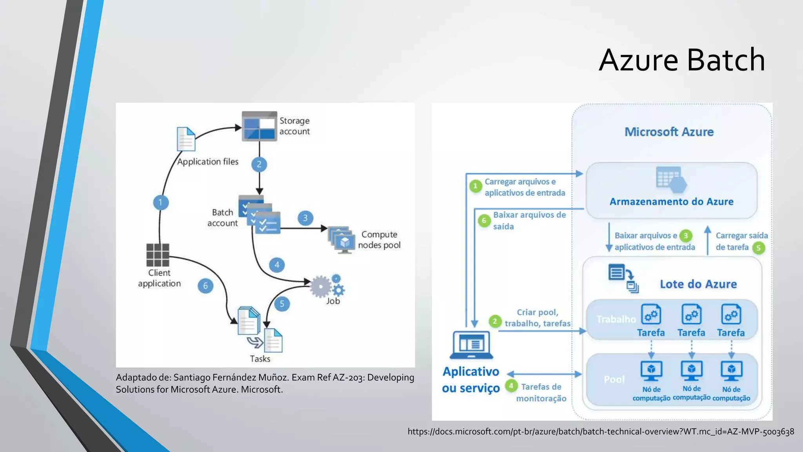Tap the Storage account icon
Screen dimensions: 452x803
(x=259, y=126)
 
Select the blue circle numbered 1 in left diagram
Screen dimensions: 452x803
(x=160, y=202)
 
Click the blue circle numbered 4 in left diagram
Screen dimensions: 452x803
(x=277, y=265)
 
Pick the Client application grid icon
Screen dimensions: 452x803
(x=158, y=255)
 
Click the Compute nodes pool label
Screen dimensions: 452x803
(x=379, y=240)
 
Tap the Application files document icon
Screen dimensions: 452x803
(x=186, y=139)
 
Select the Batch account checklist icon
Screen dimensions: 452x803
(x=259, y=215)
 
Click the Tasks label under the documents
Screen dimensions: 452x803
(x=260, y=359)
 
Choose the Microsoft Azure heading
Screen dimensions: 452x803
(x=669, y=132)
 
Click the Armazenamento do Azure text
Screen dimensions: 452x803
(x=671, y=202)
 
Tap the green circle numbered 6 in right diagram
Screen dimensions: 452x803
(x=484, y=221)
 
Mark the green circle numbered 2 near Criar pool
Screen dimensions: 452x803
(x=495, y=321)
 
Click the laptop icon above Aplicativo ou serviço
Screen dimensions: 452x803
(x=471, y=345)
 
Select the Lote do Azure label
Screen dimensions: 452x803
(x=698, y=284)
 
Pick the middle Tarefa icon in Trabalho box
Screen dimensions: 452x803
(x=691, y=315)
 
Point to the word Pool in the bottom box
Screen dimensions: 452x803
(x=614, y=379)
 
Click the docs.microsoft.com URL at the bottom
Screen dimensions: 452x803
(x=601, y=432)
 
